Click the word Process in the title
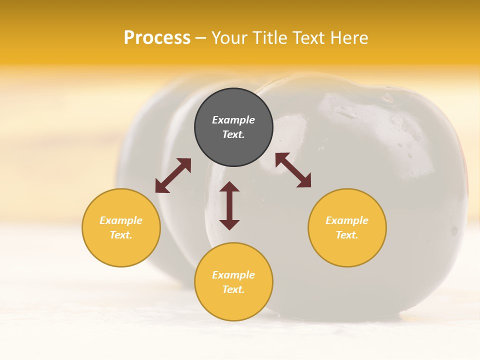[x=157, y=38]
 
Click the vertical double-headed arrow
[x=229, y=206]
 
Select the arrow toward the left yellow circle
[x=173, y=175]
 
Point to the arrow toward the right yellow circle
[x=293, y=170]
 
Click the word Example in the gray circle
[x=233, y=120]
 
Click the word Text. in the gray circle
[x=233, y=135]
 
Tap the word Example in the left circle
[x=121, y=220]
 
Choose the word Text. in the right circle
[x=347, y=235]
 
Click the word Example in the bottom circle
[x=233, y=275]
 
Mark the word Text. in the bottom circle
[x=233, y=289]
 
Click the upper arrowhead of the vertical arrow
[x=229, y=187]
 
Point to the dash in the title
[x=201, y=38]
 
